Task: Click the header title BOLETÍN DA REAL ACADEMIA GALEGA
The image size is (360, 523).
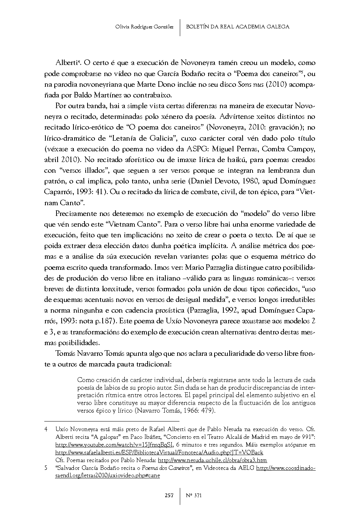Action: pos(237,27)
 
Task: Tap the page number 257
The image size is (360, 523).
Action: pos(169,495)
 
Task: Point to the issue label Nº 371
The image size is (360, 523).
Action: pos(194,495)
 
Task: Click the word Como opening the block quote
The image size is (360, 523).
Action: pos(85,380)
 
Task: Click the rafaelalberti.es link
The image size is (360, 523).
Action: pos(159,453)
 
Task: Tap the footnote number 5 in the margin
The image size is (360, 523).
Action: pos(46,468)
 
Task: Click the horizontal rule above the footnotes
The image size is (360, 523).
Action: pos(112,420)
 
